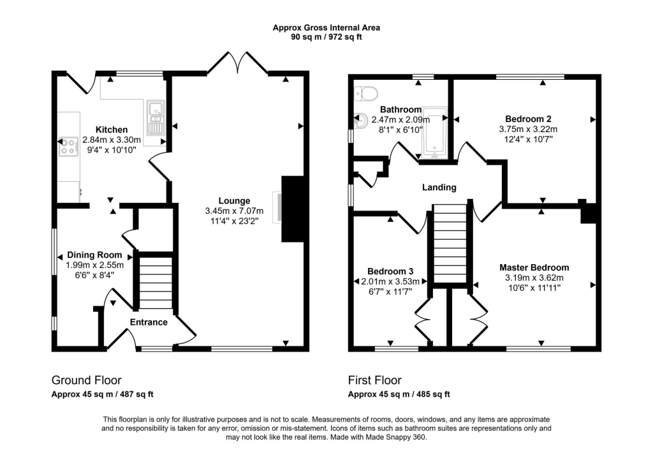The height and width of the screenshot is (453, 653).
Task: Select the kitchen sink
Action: pos(154,120)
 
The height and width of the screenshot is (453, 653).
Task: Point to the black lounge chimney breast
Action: pos(292,209)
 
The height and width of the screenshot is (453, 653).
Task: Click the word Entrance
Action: pos(149,322)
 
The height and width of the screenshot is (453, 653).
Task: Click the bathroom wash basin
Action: pos(360,120)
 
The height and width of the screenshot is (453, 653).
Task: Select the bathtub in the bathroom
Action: pos(434,133)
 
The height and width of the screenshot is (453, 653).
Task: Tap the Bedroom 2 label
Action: pos(528,119)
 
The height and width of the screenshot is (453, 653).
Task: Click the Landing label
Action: pos(439,188)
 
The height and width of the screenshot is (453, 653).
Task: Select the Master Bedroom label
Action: pos(534,267)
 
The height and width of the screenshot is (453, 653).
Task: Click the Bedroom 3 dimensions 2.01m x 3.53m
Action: pos(390,281)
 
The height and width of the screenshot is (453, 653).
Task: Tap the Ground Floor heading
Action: pos(86,380)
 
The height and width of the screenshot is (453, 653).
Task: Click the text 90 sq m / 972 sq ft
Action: pos(326,37)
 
